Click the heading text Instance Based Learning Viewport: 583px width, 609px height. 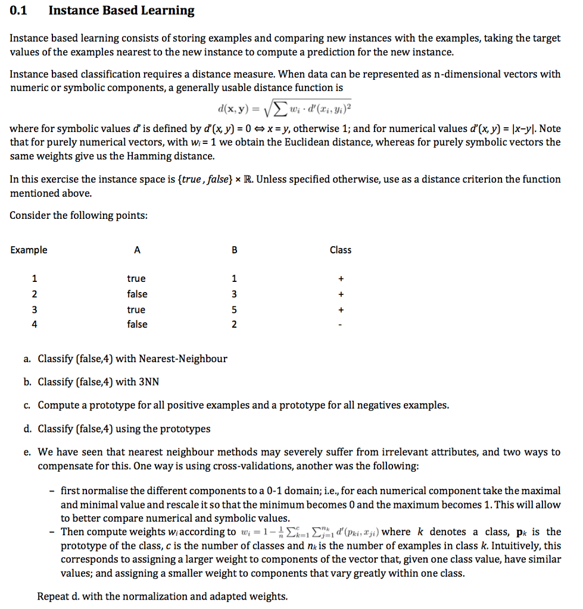(x=121, y=10)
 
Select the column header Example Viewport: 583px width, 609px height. (x=29, y=250)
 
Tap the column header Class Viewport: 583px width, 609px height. (x=340, y=250)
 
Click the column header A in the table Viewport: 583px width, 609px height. (x=137, y=250)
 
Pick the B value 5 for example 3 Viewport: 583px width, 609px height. (x=234, y=310)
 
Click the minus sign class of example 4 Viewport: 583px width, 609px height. (x=340, y=325)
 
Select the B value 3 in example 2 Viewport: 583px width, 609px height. (x=234, y=294)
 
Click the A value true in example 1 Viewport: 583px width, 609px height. (x=136, y=278)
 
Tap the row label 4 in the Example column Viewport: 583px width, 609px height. (x=35, y=324)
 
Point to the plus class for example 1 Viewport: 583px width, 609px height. (x=340, y=278)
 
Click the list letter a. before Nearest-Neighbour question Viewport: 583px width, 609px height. (x=27, y=359)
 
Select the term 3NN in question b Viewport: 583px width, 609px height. (x=148, y=382)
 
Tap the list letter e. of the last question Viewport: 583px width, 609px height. (x=27, y=452)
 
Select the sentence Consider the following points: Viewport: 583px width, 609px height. (x=79, y=215)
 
